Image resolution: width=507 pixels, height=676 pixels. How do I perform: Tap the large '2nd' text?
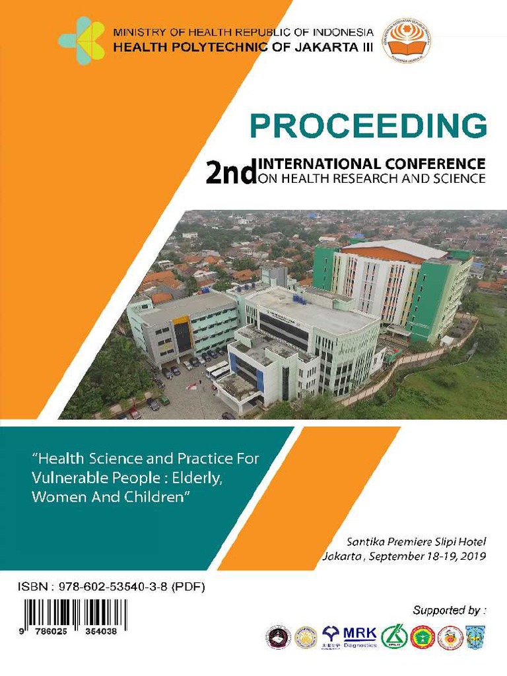pos(230,174)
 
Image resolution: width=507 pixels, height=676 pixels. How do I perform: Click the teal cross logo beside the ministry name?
pos(82,41)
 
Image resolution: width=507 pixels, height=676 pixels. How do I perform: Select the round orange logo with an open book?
pos(407,41)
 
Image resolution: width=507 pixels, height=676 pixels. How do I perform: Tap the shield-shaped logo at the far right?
pos(475,637)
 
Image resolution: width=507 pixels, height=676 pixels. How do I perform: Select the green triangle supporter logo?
pos(393,636)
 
